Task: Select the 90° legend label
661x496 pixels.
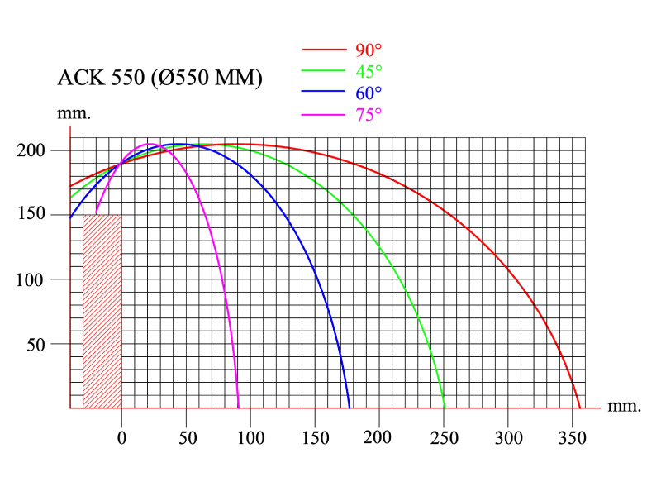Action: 369,50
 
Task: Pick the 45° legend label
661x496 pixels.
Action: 369,72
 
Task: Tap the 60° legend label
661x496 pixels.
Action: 369,93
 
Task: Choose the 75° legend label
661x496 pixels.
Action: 369,115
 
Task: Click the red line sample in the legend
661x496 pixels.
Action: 326,50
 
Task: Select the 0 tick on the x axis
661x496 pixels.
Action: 122,436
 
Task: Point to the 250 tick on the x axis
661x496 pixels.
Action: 445,436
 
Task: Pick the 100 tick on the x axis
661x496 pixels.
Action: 251,436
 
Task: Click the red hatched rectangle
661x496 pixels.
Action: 102,312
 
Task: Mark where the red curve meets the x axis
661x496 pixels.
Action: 580,408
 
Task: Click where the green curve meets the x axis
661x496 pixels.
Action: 445,408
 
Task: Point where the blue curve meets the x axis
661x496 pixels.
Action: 350,408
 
